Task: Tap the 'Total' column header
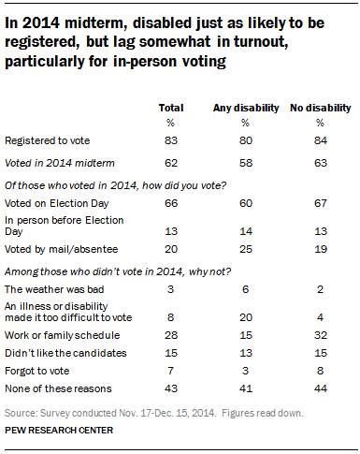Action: pyautogui.click(x=170, y=108)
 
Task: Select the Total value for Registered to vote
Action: pyautogui.click(x=170, y=142)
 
